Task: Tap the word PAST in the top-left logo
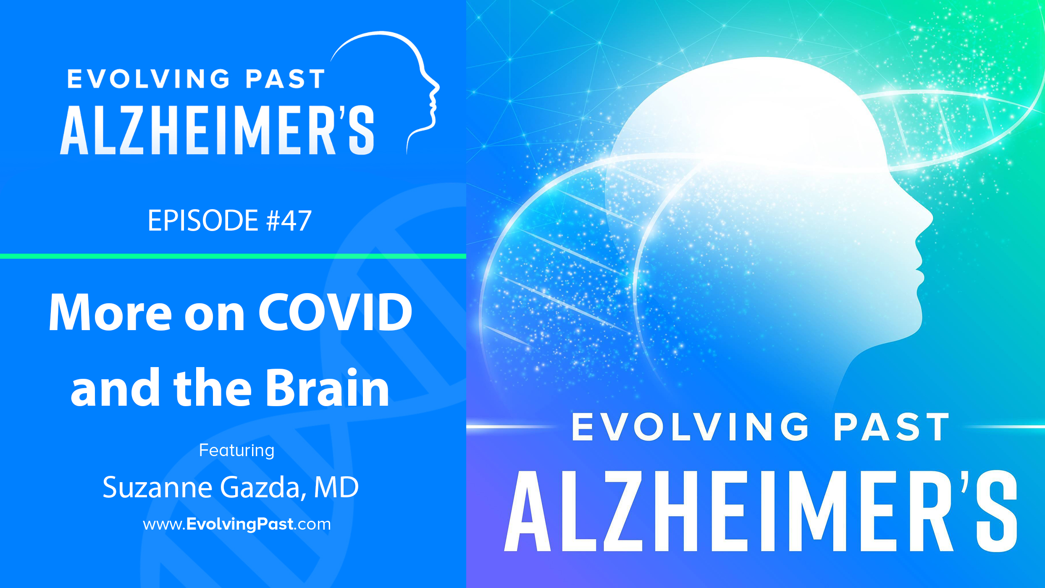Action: [285, 79]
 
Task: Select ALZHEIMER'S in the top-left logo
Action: [217, 130]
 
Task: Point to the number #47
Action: [289, 220]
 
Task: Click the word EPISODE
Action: [203, 220]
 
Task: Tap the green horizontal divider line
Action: [233, 256]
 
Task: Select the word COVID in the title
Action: [335, 312]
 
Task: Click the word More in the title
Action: [110, 312]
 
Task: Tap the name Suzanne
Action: [158, 487]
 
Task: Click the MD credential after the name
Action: [336, 487]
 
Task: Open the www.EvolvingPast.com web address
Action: [237, 525]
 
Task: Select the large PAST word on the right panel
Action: [891, 427]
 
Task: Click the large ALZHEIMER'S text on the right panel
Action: [761, 511]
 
